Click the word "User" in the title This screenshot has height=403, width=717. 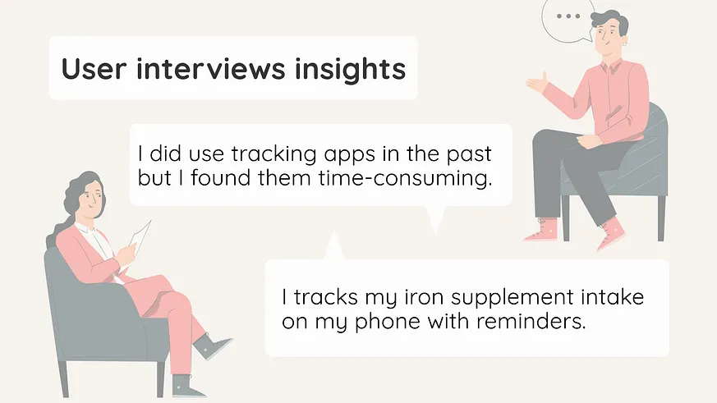(x=94, y=69)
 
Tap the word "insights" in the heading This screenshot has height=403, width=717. (x=350, y=70)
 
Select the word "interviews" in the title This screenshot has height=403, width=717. (x=211, y=69)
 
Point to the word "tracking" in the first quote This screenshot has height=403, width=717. (x=273, y=154)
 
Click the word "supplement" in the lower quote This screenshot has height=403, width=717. (x=512, y=299)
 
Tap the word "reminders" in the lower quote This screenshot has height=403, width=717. (x=531, y=321)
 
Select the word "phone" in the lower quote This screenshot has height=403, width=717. (x=388, y=322)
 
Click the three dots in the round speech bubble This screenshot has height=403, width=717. (x=568, y=16)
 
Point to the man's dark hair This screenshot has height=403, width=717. (x=609, y=18)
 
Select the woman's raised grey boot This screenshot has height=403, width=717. (x=211, y=346)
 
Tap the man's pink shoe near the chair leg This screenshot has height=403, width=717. (x=542, y=231)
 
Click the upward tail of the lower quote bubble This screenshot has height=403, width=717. (x=334, y=247)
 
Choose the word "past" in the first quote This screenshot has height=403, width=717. (x=469, y=155)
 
